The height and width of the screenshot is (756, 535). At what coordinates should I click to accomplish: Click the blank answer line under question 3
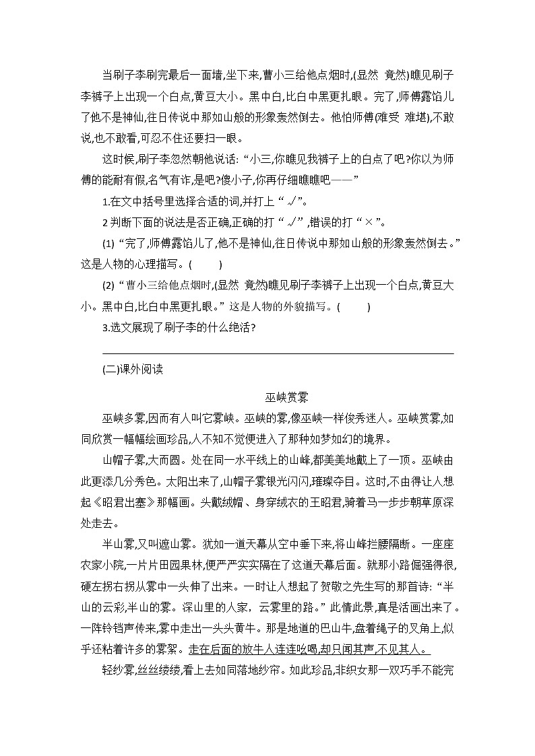278,352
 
